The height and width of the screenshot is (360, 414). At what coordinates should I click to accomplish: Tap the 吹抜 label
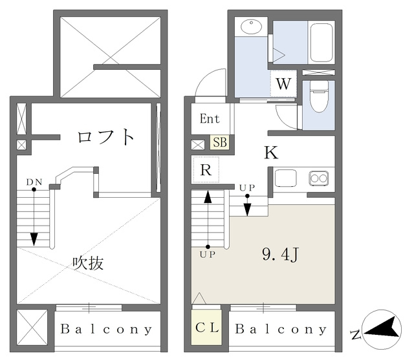pyautogui.click(x=87, y=263)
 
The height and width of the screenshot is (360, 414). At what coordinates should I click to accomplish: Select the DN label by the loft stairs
pyautogui.click(x=34, y=182)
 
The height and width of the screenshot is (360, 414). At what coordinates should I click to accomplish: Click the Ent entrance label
pyautogui.click(x=209, y=119)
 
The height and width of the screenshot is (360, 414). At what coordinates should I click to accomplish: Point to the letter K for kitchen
pyautogui.click(x=270, y=153)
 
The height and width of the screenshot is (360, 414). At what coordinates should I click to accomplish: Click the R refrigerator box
pyautogui.click(x=206, y=171)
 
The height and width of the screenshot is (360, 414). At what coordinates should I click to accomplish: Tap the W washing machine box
pyautogui.click(x=283, y=84)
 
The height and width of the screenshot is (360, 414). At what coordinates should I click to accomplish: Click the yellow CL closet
pyautogui.click(x=207, y=326)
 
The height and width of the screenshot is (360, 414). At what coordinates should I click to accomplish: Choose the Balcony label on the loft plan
pyautogui.click(x=107, y=329)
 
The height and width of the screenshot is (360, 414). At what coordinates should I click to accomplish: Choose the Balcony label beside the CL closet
pyautogui.click(x=281, y=329)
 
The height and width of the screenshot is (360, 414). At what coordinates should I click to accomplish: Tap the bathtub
pyautogui.click(x=320, y=43)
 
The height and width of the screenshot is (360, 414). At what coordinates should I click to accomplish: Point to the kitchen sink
pyautogui.click(x=285, y=177)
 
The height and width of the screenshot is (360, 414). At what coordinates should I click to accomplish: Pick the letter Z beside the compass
pyautogui.click(x=355, y=334)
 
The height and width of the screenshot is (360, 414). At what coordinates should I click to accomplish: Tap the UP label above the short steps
pyautogui.click(x=246, y=188)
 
